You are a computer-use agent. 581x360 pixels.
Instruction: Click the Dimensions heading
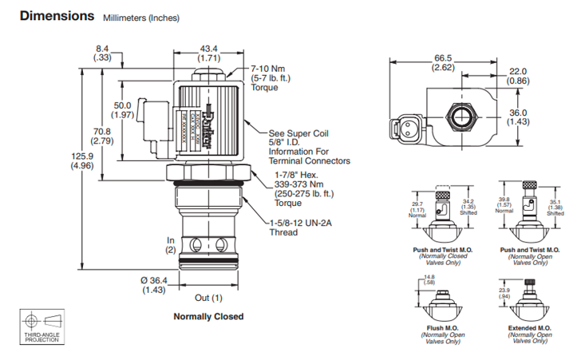point(53,15)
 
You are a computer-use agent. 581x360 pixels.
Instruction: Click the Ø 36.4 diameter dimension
point(153,285)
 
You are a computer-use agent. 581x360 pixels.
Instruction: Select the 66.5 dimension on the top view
point(443,62)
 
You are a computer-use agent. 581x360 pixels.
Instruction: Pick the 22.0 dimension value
point(519,76)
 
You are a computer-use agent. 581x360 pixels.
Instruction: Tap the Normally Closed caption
point(208,316)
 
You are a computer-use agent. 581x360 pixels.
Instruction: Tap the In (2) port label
point(170,244)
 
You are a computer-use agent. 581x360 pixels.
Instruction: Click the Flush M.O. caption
point(439,328)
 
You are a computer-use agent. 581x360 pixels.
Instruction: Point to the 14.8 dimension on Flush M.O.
point(429,279)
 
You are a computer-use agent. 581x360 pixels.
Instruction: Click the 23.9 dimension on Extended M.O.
point(504,292)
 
